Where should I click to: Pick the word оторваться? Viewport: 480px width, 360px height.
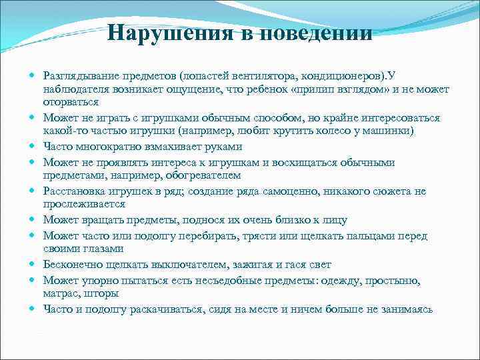(71, 103)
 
